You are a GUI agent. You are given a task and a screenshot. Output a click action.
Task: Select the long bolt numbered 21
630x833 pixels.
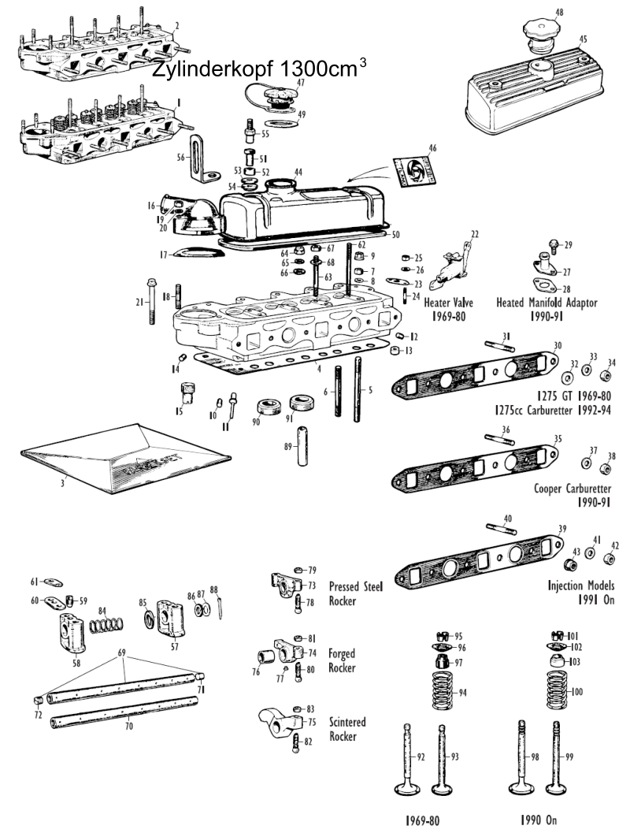pyautogui.click(x=149, y=303)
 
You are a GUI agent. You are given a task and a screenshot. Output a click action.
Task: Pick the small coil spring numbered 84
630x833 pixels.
pyautogui.click(x=106, y=627)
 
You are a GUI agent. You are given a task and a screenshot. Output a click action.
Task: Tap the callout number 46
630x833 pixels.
pyautogui.click(x=432, y=148)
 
